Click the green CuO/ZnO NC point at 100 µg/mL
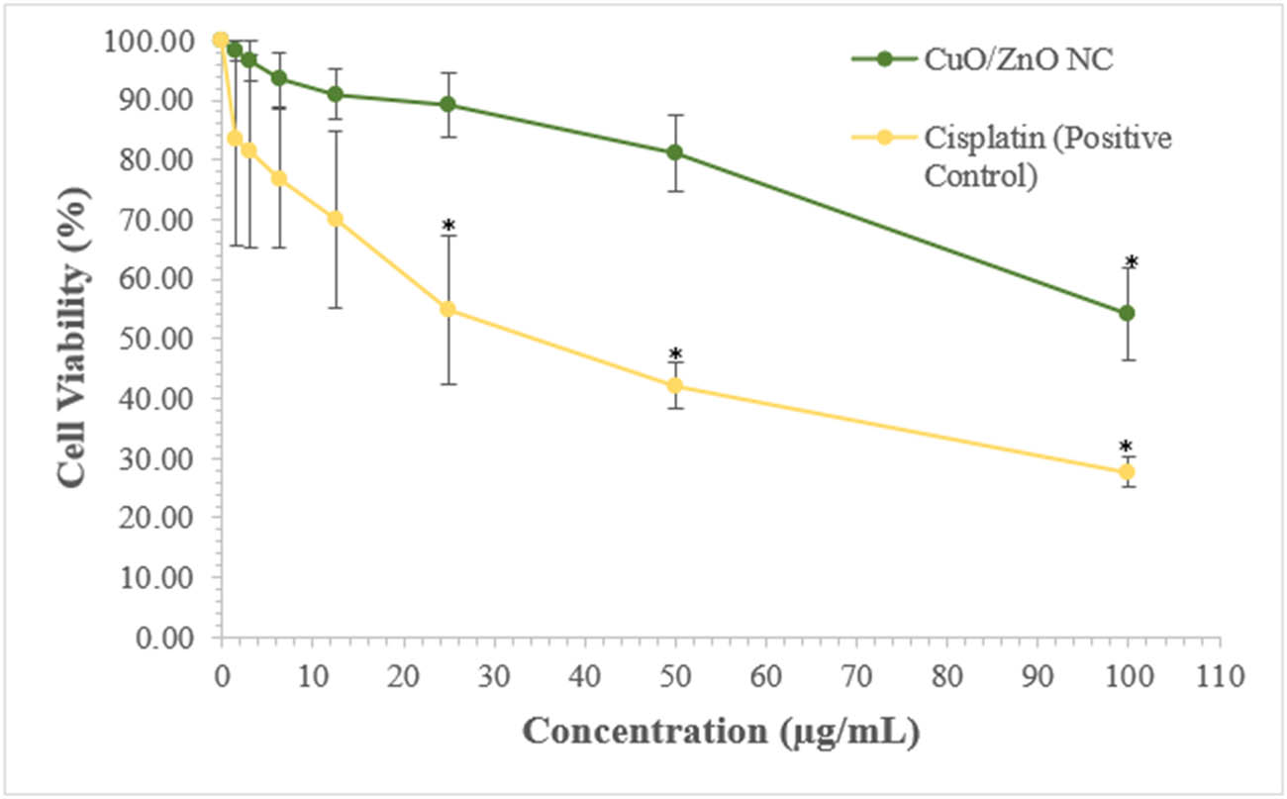(1127, 313)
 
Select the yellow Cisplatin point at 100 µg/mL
(1127, 472)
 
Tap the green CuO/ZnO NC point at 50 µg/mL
(674, 152)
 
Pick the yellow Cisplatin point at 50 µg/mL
(674, 385)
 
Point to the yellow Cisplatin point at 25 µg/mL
(447, 309)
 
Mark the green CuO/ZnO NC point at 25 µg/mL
(447, 104)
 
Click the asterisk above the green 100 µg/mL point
(1132, 262)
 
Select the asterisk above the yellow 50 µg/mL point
(675, 354)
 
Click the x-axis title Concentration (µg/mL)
(721, 733)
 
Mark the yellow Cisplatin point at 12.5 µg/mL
(335, 218)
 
